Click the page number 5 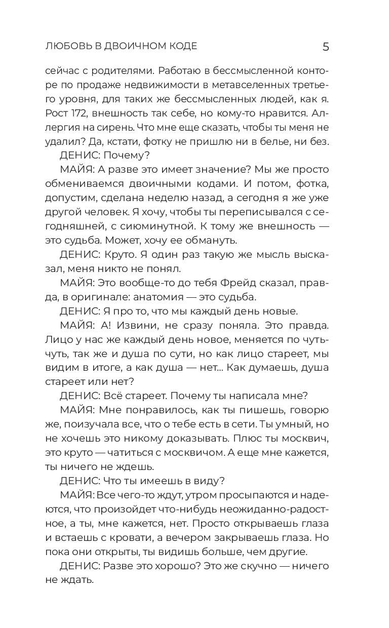(x=326, y=47)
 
